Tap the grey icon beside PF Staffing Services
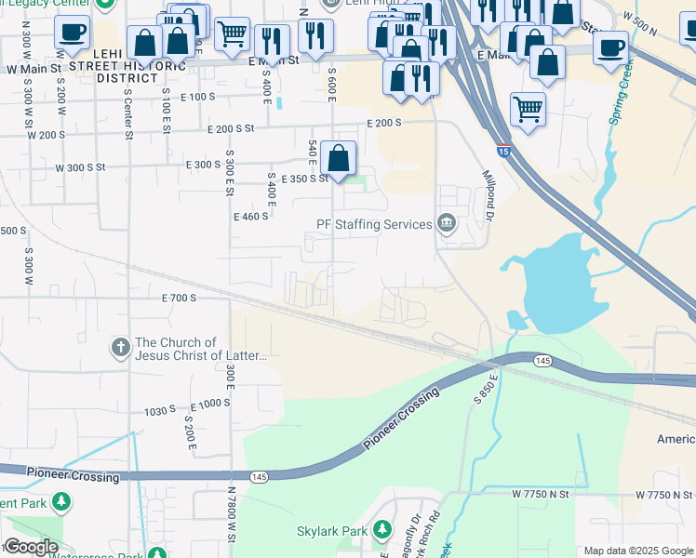point(447,224)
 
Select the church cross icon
point(120,349)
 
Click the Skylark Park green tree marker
point(381,530)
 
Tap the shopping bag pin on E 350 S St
point(341,158)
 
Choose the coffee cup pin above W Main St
point(72,33)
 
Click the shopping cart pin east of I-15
point(528,109)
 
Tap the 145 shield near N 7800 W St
point(259,477)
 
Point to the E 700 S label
point(179,299)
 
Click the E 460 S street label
point(250,216)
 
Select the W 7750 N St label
point(539,495)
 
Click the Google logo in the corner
point(31,546)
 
